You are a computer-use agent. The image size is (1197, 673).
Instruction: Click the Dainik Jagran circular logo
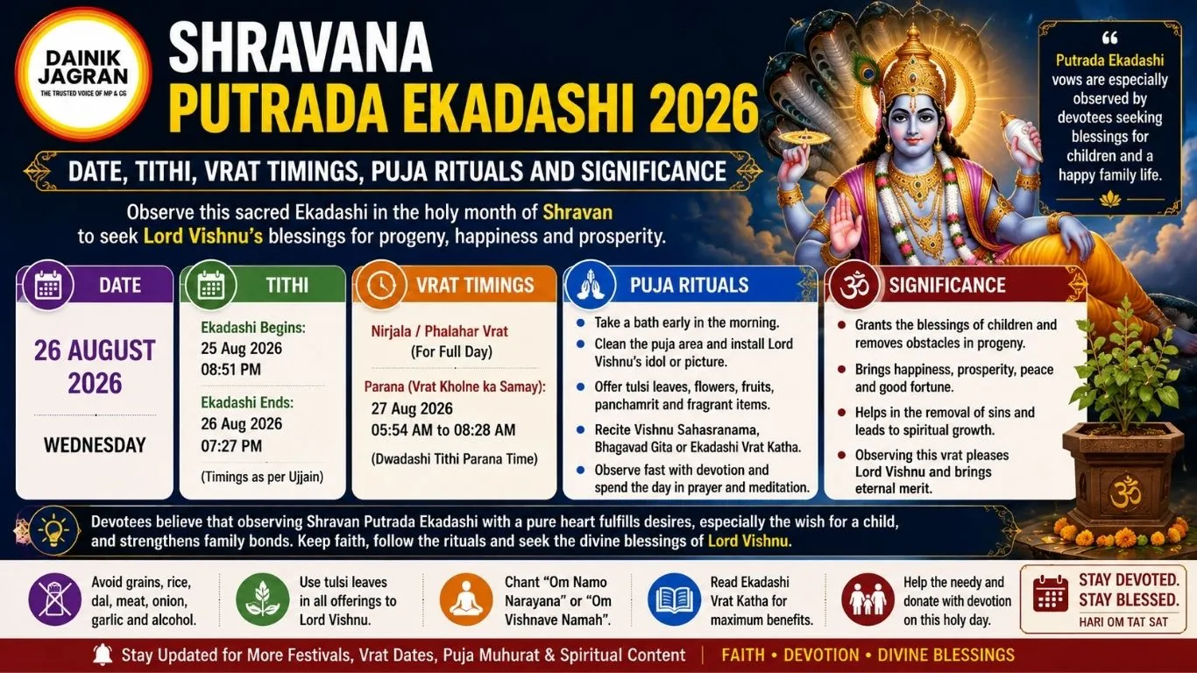click(83, 74)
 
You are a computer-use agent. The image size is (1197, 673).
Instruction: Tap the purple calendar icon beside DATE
click(48, 286)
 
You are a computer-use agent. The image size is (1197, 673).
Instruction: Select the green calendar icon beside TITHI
click(211, 286)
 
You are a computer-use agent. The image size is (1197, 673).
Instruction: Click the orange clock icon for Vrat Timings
click(381, 286)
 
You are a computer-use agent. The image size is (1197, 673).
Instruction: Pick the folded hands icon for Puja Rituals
click(591, 286)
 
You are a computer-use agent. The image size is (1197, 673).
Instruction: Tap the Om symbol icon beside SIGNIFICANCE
click(854, 286)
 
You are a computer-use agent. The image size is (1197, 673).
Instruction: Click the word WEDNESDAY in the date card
click(95, 445)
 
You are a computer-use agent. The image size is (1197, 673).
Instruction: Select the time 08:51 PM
click(230, 370)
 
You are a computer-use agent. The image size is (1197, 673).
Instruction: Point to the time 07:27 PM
click(231, 446)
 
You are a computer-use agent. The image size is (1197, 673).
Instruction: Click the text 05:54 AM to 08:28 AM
click(443, 430)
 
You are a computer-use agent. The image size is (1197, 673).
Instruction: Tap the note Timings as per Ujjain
click(262, 477)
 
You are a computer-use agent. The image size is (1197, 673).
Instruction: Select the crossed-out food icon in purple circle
click(55, 599)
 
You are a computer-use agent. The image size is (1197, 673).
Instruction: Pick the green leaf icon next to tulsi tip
click(262, 599)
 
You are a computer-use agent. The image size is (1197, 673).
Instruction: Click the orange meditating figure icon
click(466, 599)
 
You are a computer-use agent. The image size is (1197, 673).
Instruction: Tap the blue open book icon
click(674, 599)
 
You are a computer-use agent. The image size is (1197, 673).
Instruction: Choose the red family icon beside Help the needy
click(868, 599)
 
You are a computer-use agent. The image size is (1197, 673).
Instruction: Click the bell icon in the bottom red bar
click(102, 655)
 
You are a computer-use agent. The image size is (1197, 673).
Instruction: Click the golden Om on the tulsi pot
click(1125, 492)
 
